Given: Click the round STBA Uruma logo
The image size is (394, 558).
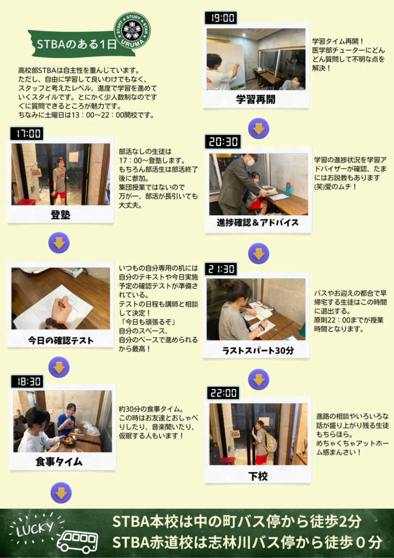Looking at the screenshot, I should coord(132,31).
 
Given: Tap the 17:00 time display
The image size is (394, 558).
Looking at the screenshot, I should coord(27,134).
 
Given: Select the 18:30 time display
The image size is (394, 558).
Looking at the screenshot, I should coord(27,381).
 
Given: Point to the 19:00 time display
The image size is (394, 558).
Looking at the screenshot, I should coord(221,18).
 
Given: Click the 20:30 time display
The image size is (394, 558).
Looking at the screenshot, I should coord(223,142).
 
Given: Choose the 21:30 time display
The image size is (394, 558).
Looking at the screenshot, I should coord(221,269).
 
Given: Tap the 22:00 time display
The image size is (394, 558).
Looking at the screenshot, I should coord(223,393).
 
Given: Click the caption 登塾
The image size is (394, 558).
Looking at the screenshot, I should coord(60,215).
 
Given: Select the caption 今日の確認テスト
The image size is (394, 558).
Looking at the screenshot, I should coord(61,341).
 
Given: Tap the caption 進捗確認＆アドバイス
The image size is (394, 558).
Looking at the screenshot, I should coord(257,223).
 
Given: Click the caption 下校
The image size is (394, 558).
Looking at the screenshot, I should coord(257,476).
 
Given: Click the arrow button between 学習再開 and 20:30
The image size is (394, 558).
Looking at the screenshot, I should coord(258,129).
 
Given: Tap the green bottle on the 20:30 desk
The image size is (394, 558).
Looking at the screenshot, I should coord(288,189).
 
